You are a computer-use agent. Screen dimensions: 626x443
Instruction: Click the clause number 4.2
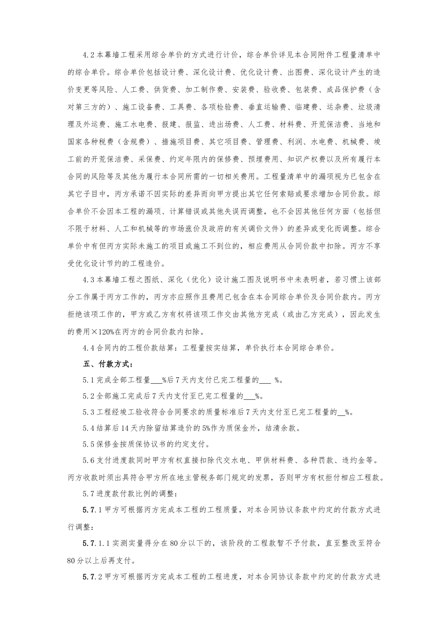[x=89, y=55]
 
